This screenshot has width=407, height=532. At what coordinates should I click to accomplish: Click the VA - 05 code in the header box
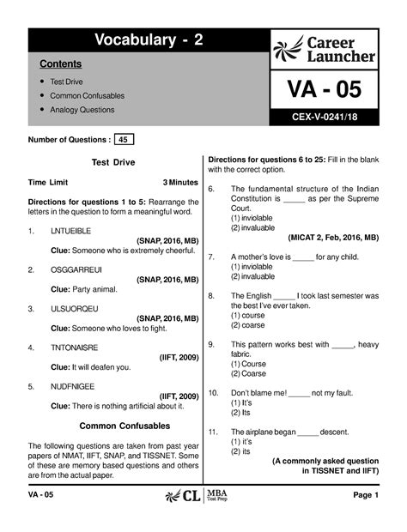pos(324,89)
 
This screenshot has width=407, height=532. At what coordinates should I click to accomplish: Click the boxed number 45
pos(125,139)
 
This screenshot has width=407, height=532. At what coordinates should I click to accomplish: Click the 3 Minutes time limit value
pos(179,183)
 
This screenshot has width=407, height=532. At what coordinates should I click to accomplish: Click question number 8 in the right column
pos(212,295)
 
